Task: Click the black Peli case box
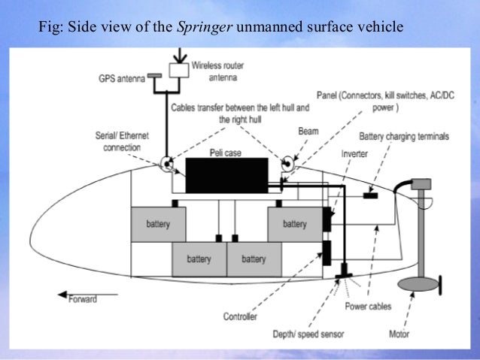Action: click(226, 175)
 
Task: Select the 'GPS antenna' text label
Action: click(121, 77)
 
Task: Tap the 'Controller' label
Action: click(240, 316)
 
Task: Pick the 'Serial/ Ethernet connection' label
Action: click(122, 142)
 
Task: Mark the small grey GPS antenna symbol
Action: click(155, 76)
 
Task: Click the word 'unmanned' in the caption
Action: click(267, 29)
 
